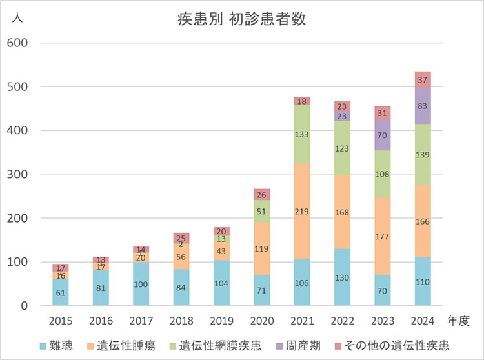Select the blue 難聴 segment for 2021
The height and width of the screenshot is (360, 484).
tap(302, 282)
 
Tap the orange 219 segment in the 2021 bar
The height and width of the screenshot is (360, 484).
tap(302, 211)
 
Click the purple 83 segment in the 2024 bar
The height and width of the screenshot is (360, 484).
tap(423, 105)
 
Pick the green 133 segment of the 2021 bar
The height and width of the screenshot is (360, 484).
tap(302, 134)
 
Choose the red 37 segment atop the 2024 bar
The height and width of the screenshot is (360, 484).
tap(423, 79)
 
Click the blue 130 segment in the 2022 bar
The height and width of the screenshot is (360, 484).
tap(342, 277)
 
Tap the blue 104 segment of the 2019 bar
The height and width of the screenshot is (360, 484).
tap(221, 283)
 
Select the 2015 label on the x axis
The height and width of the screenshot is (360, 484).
tap(61, 320)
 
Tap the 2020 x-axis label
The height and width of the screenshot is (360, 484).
tap(262, 320)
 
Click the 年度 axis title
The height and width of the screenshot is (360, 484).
tap(459, 320)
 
